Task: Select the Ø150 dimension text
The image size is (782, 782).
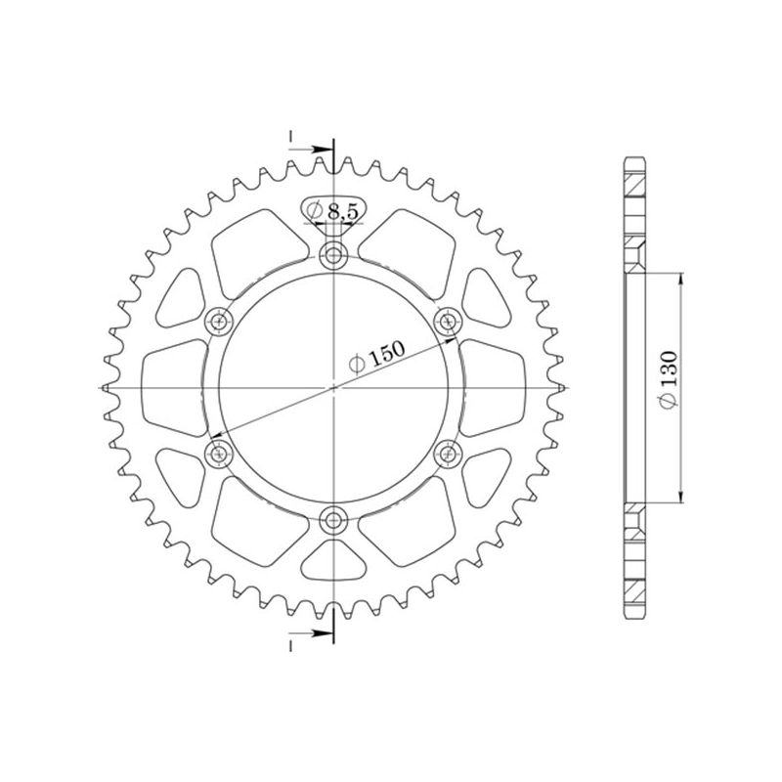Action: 375,359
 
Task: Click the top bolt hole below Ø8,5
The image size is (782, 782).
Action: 334,257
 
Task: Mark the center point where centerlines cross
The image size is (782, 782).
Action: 334,388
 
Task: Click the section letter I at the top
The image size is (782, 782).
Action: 290,137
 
